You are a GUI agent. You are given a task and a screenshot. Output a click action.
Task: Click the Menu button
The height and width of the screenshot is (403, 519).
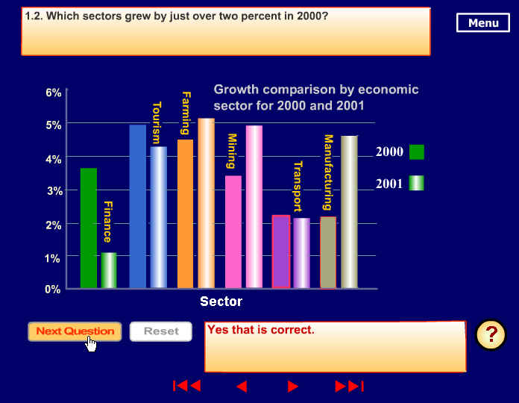click(x=483, y=22)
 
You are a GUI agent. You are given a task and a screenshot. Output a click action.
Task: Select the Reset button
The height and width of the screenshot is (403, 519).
click(x=161, y=331)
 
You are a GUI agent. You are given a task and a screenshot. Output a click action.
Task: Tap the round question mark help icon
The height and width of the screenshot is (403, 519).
click(x=491, y=335)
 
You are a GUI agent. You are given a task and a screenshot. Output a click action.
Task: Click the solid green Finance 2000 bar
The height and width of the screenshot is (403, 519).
click(x=89, y=228)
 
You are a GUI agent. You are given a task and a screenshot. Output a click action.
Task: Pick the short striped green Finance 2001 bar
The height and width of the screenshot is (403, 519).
click(x=109, y=270)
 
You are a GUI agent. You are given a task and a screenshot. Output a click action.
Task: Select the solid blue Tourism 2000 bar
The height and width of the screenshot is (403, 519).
click(x=138, y=206)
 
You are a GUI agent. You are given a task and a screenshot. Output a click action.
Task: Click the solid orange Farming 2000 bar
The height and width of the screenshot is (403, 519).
click(x=186, y=214)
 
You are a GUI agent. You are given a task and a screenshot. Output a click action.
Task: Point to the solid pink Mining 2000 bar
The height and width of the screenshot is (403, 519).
click(x=233, y=232)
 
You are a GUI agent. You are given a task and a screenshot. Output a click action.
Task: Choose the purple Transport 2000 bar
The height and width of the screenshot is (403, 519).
click(x=281, y=252)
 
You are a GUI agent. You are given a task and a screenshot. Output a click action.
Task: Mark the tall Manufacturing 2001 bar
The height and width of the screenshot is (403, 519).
click(x=349, y=212)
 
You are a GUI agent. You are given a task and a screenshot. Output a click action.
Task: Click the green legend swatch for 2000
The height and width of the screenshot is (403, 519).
click(x=417, y=152)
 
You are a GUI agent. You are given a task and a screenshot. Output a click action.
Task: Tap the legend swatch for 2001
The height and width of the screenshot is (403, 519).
click(x=416, y=183)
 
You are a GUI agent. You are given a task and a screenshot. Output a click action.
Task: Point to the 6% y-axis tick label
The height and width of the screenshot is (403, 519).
click(x=53, y=93)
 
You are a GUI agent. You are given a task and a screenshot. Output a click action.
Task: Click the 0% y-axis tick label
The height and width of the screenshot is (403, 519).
click(x=53, y=290)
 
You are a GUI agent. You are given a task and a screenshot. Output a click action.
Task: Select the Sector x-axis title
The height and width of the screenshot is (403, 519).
click(x=221, y=302)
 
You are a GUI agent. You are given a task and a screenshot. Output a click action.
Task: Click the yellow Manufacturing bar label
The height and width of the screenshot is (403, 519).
click(x=328, y=172)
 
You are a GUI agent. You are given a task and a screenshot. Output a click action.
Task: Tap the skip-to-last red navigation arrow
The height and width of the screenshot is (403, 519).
click(x=349, y=386)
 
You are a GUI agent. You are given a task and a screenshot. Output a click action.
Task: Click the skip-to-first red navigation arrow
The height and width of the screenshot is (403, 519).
click(x=187, y=386)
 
